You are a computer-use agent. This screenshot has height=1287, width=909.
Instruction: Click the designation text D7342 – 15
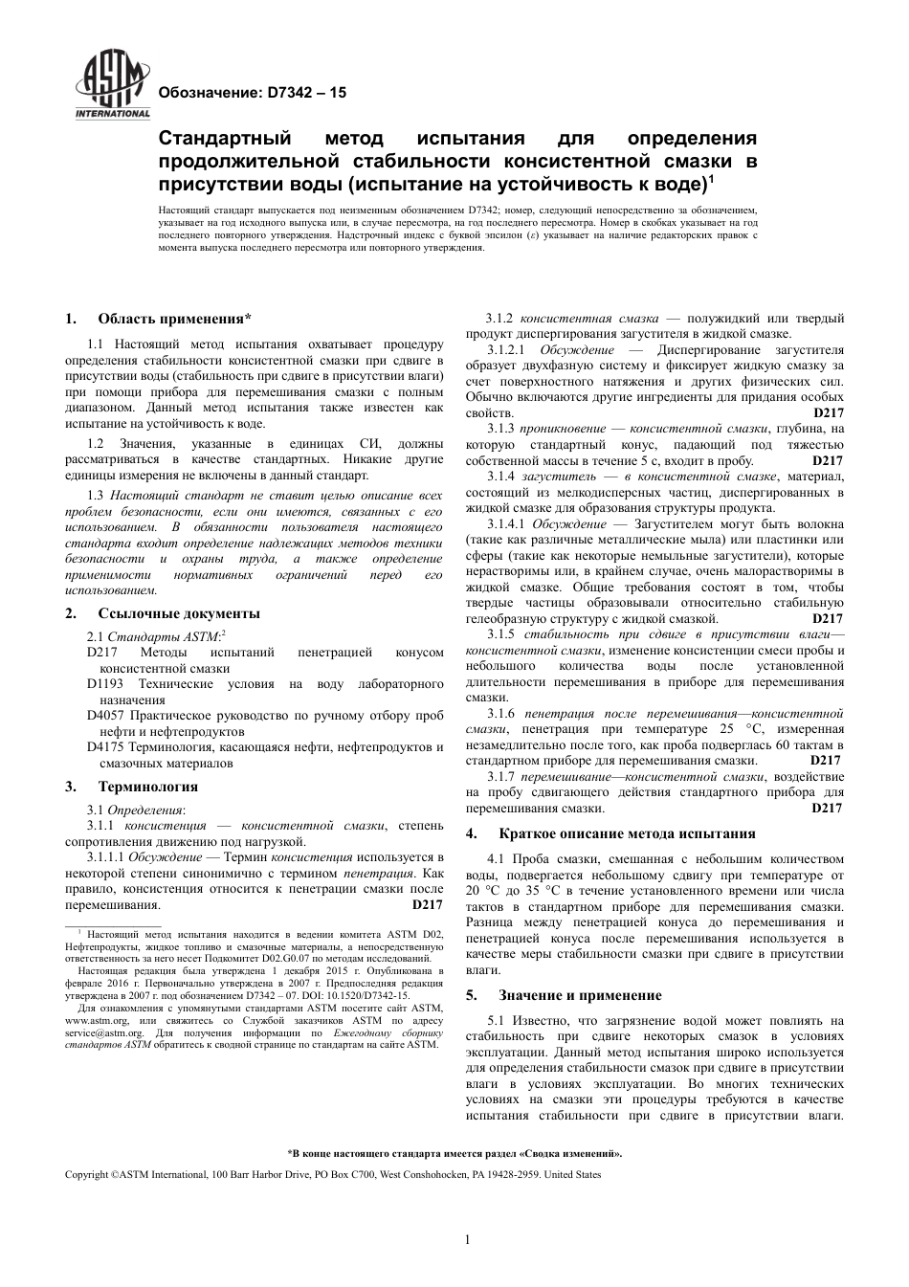pos(251,93)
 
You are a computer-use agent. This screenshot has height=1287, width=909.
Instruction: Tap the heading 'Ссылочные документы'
pos(178,613)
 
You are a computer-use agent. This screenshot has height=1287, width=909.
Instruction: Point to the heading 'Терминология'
pos(147,787)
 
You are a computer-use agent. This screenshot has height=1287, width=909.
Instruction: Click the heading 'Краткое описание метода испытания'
pos(627,833)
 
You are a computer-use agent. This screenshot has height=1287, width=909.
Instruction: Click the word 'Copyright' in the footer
pos(87,1174)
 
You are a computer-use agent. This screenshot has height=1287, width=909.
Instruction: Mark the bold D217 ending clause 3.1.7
pos(827,808)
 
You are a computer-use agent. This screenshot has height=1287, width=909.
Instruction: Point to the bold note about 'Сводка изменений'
pos(454,1153)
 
